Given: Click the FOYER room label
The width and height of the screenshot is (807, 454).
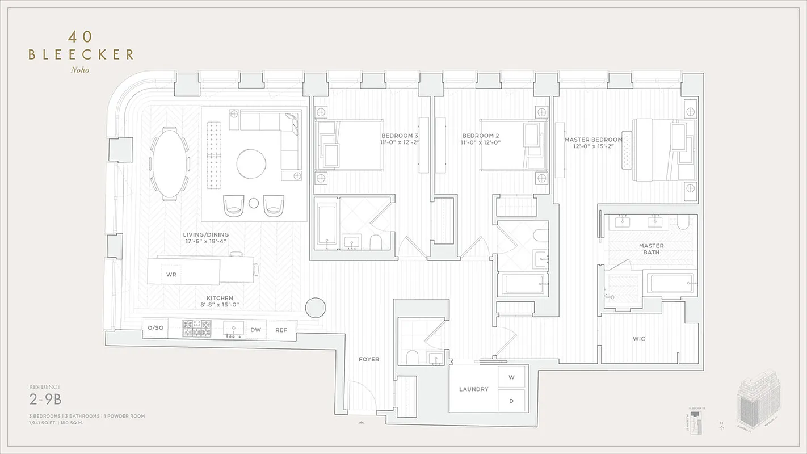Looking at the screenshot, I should coord(369,359).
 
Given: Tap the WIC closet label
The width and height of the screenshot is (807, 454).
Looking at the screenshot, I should coord(639,339).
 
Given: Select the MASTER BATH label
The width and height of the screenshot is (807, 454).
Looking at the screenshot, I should coord(651,249).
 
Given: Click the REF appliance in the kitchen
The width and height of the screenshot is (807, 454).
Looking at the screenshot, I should coord(281,329).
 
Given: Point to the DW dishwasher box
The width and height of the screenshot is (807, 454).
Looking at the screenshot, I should coord(256,329).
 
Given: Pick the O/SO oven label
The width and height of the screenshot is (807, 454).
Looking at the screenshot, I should coord(155,328).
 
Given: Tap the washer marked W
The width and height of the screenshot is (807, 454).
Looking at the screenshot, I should coord(511,377).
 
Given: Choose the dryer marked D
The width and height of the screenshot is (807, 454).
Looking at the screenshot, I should coord(511,401).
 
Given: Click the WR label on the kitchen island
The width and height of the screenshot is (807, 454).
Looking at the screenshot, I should coord(171,274).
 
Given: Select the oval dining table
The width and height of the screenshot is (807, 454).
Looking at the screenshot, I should coord(170,164).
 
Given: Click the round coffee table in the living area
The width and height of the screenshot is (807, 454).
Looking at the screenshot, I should coord(251,163).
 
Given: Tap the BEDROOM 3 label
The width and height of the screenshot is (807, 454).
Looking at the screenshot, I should coord(400,136).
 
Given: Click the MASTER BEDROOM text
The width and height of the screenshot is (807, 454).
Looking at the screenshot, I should coord(593,139).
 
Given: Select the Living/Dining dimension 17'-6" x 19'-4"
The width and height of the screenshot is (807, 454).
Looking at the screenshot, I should coord(205,241).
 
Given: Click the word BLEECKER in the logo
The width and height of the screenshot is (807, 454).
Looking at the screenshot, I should coord(81,54).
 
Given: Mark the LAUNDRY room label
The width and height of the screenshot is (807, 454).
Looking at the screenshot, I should coord(474,389).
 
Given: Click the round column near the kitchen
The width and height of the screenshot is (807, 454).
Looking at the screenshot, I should coord(315,308).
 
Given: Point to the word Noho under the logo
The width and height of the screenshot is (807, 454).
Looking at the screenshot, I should coord(80,70).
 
